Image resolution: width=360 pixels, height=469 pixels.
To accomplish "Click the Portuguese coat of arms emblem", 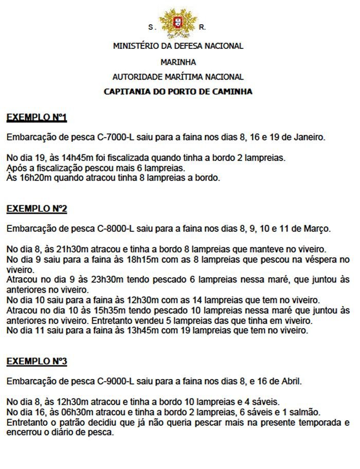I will tap(178, 22).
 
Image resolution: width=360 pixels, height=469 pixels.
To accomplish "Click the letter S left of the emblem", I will tap(151, 27).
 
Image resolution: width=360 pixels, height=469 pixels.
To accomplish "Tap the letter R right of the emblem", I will tap(202, 27).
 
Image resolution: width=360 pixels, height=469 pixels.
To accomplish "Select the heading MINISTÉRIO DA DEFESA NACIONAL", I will tap(178, 46).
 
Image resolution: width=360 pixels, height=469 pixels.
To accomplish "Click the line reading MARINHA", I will tap(178, 62).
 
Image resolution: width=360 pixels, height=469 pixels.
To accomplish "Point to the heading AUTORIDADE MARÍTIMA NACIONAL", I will tap(178, 77).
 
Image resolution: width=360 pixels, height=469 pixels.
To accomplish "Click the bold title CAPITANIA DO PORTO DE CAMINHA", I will tap(178, 92).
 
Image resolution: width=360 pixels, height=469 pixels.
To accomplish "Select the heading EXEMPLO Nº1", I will tap(37, 118).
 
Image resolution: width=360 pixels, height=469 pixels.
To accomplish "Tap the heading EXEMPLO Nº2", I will tap(37, 209).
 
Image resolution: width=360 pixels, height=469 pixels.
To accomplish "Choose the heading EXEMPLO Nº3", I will tap(37, 362).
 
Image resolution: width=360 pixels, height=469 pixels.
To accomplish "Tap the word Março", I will tap(319, 228).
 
